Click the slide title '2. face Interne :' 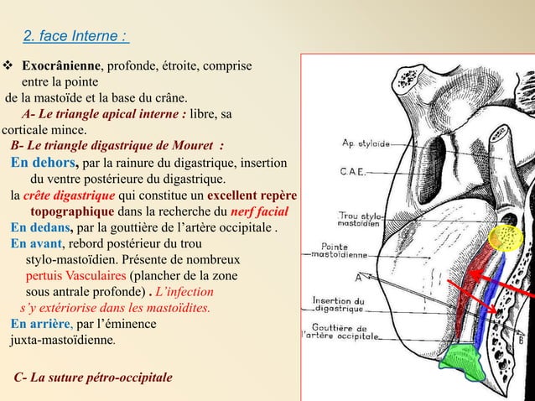click(x=75, y=37)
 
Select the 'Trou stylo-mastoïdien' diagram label click(x=361, y=219)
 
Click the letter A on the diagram click(x=359, y=277)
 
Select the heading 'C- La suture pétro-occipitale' click(x=94, y=377)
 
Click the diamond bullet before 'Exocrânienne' click(x=9, y=65)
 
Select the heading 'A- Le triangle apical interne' click(x=101, y=114)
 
